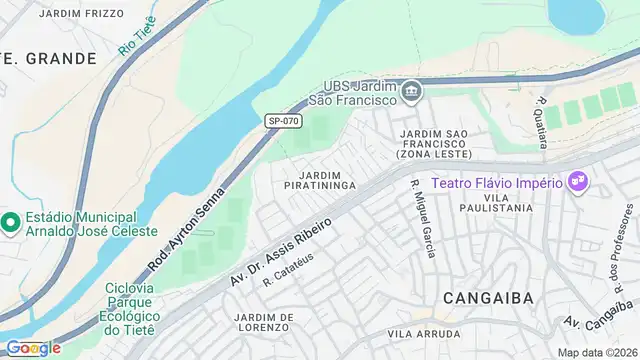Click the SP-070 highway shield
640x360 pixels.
[x=283, y=121]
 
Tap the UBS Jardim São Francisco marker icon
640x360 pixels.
[x=412, y=93]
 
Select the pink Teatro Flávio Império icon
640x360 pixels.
[x=578, y=183]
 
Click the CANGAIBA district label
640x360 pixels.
[x=480, y=297]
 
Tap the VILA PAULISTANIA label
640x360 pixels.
[x=497, y=201]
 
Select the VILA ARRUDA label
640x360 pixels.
[x=427, y=336]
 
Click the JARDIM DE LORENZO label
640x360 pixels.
[x=264, y=322]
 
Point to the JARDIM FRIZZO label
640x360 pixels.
[x=81, y=13]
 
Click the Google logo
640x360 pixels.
[x=33, y=348]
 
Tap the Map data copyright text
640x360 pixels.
[x=597, y=352]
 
